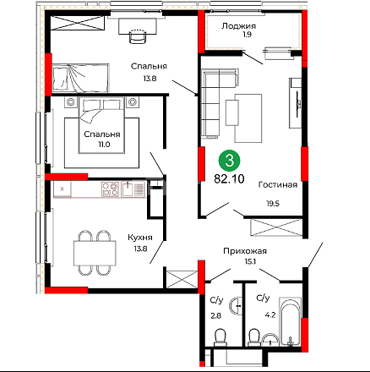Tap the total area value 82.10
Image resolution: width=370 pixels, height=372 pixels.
pos(229,178)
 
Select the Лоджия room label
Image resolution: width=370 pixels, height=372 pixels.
pos(238,26)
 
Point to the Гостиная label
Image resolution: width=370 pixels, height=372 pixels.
pos(278,184)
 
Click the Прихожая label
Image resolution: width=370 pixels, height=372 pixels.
pos(245,251)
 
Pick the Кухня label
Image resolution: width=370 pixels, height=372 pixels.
pos(140,238)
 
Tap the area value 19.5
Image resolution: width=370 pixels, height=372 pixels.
pos(273,203)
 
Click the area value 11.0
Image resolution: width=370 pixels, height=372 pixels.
pos(104,145)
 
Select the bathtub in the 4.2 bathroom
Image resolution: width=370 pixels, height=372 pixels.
pos(290,321)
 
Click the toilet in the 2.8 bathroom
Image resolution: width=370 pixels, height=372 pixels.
pos(220,337)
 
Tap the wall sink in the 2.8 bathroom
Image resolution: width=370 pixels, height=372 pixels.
pos(235,305)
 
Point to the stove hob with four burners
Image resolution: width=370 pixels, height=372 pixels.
pos(110,189)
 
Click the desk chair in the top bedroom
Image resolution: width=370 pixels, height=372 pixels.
pos(138,36)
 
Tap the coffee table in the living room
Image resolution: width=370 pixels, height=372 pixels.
pos(248,118)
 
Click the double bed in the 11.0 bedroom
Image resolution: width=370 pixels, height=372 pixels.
pos(101,125)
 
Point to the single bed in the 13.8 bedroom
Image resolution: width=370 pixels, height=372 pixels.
pos(80,78)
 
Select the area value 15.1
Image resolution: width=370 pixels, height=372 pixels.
pos(250,262)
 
